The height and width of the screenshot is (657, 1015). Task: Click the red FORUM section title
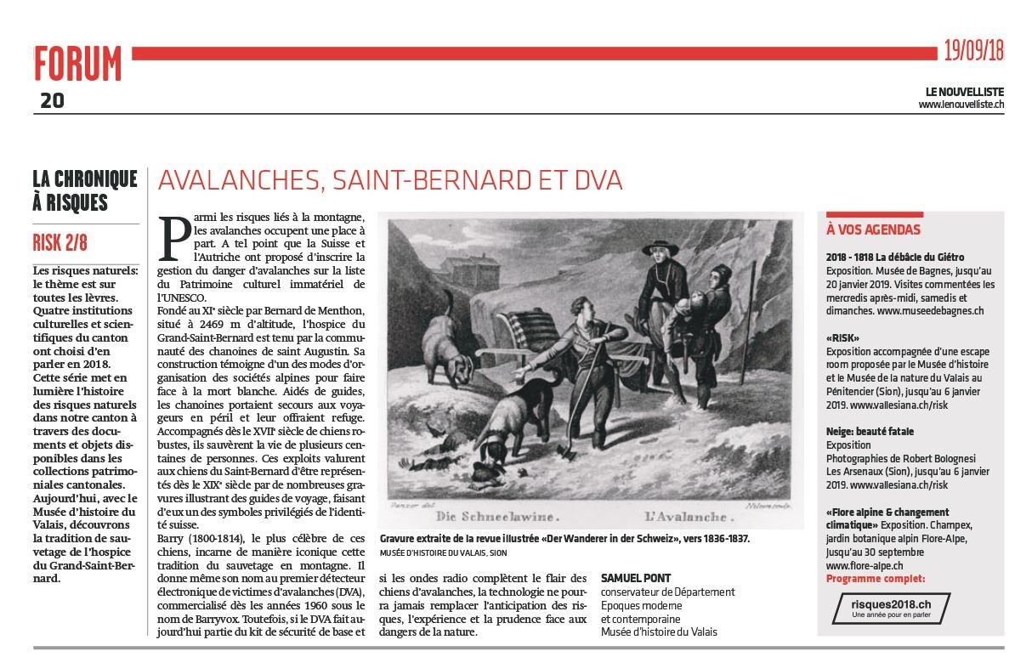point(78,65)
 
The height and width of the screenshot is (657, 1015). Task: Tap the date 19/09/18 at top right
point(973,51)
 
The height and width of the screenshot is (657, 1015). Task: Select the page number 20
point(52,101)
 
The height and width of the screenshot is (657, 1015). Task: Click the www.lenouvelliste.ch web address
point(961,105)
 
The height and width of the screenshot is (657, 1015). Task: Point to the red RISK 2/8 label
point(60,243)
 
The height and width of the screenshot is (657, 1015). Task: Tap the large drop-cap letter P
point(175,238)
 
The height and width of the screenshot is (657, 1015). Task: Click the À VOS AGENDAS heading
point(873,229)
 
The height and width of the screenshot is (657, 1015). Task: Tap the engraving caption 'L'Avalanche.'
point(690,515)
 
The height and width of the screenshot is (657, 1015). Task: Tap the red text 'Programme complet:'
point(875,579)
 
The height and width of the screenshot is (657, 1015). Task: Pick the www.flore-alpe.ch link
point(864,565)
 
